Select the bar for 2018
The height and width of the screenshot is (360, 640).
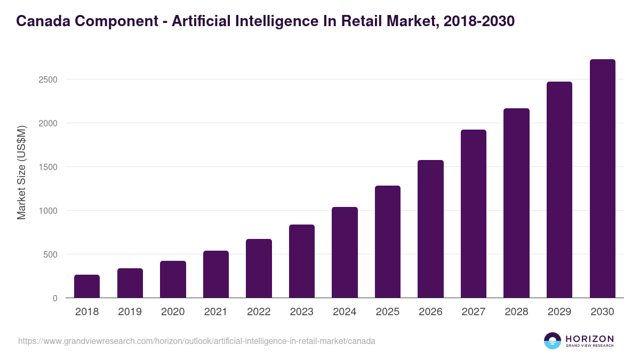tap(87, 286)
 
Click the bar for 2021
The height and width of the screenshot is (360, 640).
tap(215, 274)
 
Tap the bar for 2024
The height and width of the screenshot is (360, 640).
tap(345, 252)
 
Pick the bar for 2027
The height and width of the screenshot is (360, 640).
tap(474, 213)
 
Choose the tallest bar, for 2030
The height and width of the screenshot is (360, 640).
tap(602, 179)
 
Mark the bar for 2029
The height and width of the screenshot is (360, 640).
tap(559, 189)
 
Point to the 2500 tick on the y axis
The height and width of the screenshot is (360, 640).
tap(47, 79)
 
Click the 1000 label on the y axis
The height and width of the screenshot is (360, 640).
tap(47, 211)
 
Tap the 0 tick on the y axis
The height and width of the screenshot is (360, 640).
tap(55, 298)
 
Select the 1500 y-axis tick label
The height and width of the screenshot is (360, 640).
tap(47, 167)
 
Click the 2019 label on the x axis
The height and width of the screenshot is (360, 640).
tap(130, 312)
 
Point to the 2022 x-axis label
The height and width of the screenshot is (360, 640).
tap(259, 312)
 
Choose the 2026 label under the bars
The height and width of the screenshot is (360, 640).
tap(430, 312)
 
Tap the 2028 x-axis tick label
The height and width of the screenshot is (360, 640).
tap(516, 312)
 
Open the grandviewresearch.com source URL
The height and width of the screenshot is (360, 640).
tap(196, 341)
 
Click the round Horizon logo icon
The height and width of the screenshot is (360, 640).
tap(553, 341)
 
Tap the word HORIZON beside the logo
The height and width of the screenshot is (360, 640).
tap(590, 339)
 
